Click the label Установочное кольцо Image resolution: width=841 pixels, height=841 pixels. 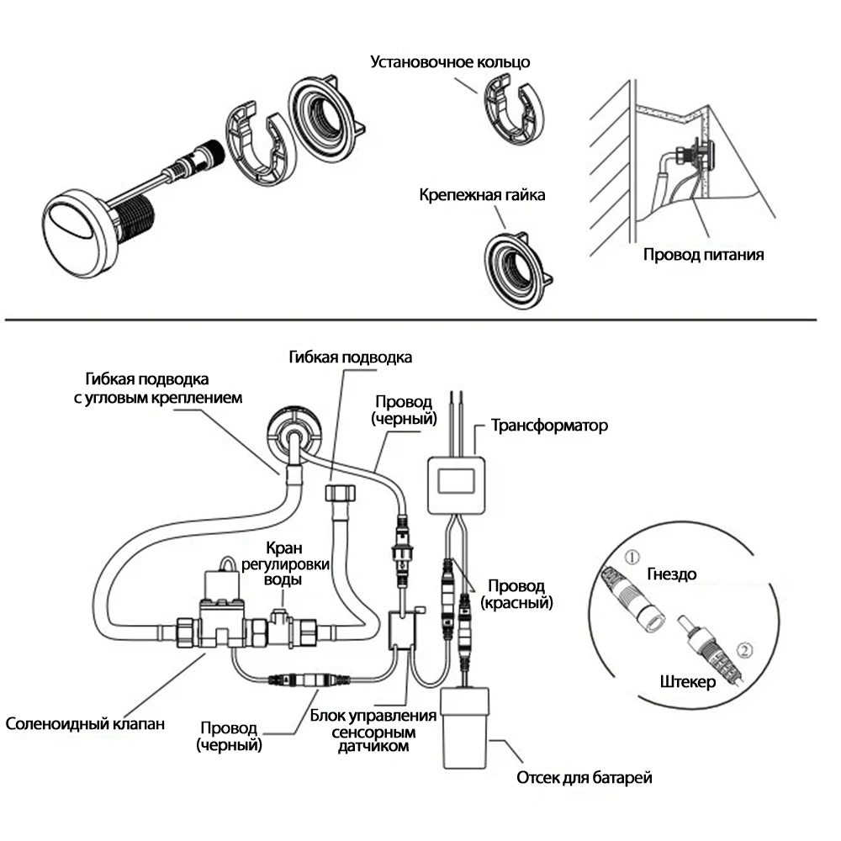pos(451,62)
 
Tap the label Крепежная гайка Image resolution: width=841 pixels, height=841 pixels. pos(482,195)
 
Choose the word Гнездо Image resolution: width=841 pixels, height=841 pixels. pos(671,574)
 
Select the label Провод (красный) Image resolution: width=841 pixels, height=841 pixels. pos(516,594)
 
